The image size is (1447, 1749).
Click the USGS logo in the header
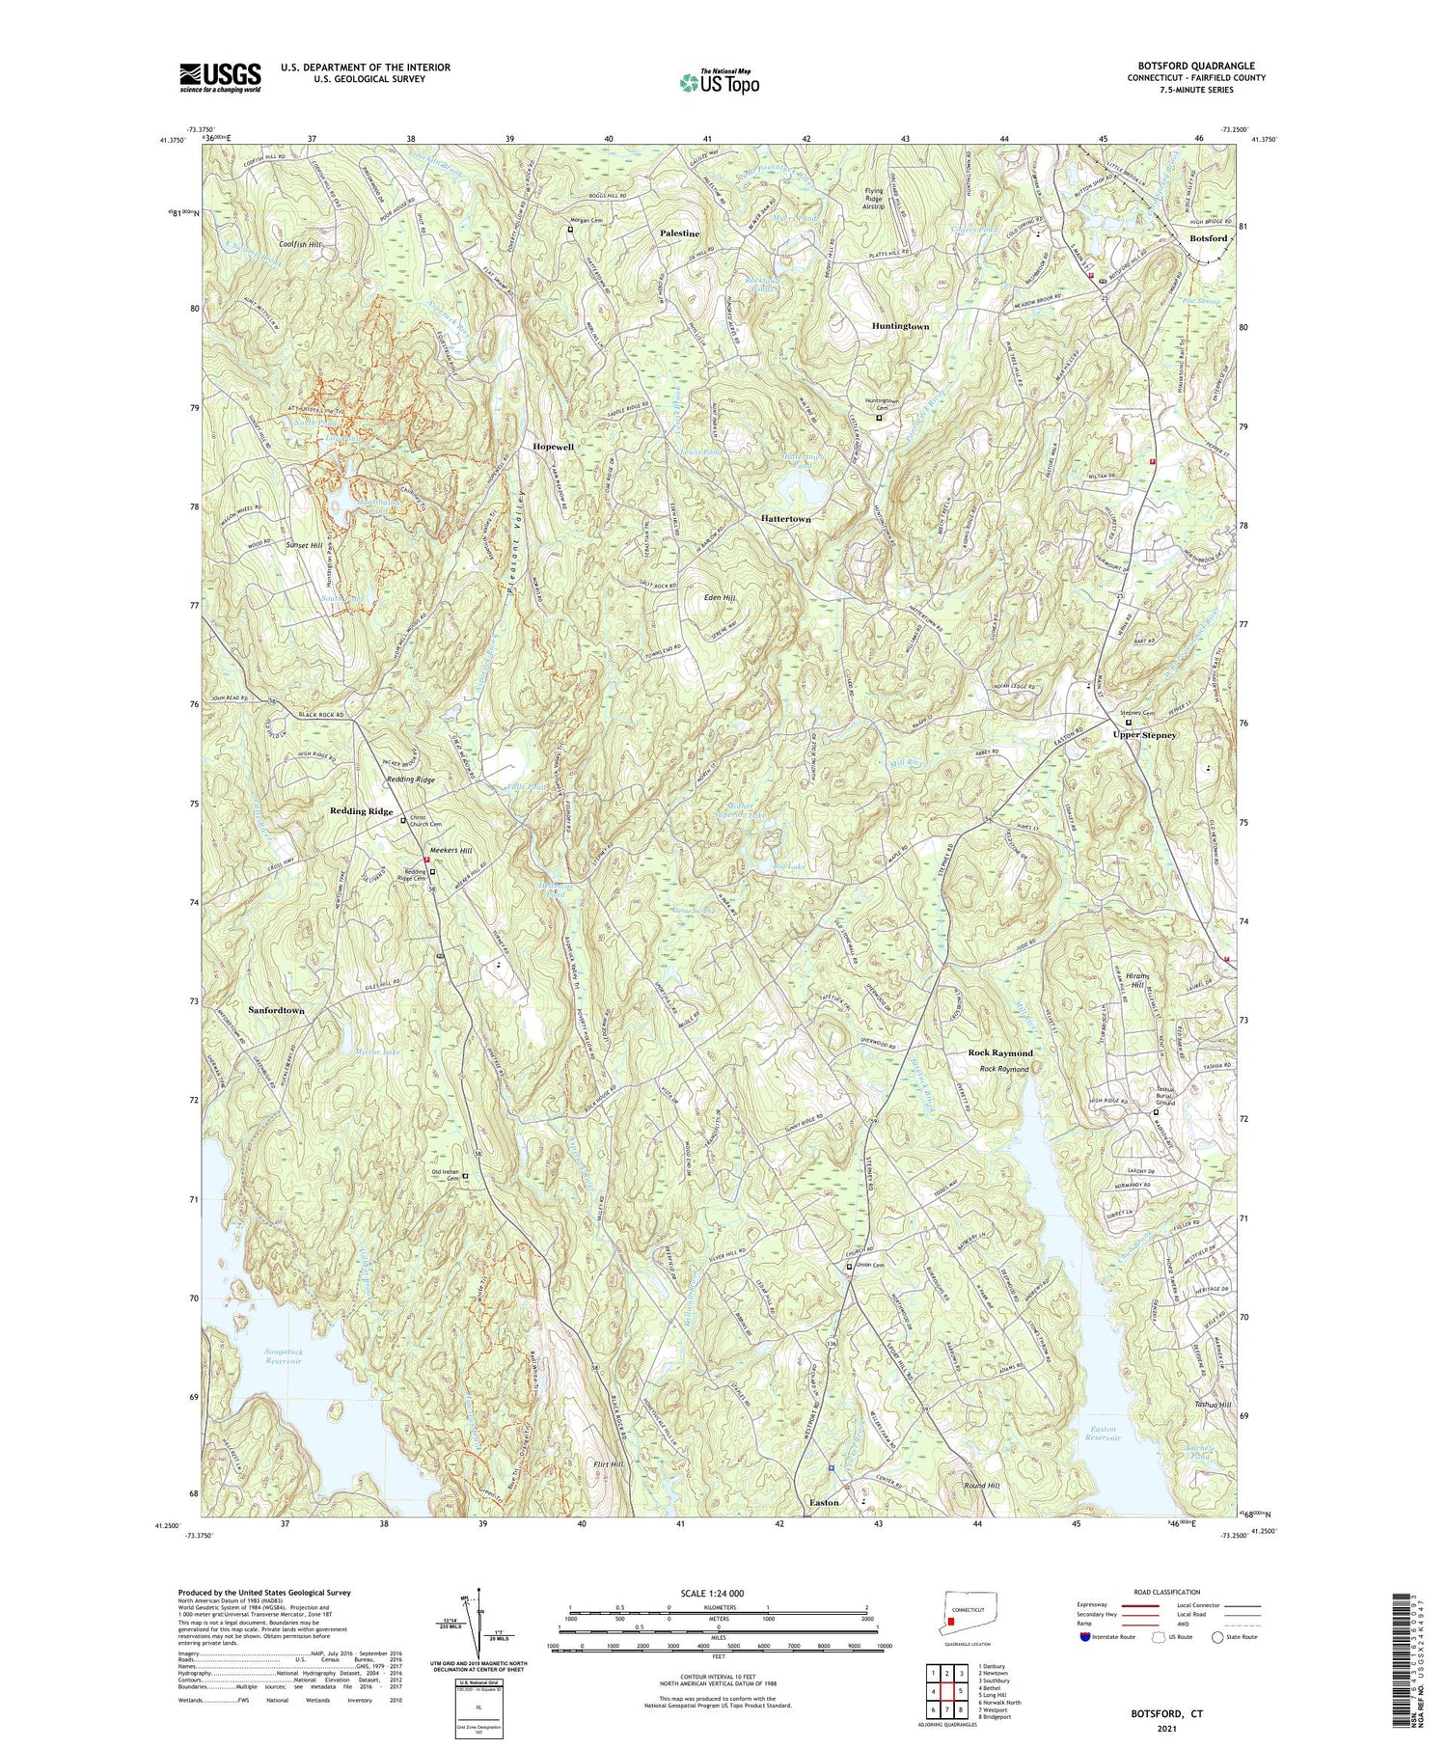click(220, 77)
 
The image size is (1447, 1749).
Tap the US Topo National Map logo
click(720, 82)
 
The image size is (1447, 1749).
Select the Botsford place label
click(1208, 238)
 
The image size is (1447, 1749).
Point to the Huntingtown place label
click(900, 327)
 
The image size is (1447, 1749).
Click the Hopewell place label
click(554, 448)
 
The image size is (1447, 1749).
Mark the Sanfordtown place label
click(276, 1010)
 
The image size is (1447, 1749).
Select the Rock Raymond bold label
click(1000, 1052)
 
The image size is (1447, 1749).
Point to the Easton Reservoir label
click(1103, 1433)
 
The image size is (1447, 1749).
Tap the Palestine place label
click(679, 234)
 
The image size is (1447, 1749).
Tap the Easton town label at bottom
click(824, 1502)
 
